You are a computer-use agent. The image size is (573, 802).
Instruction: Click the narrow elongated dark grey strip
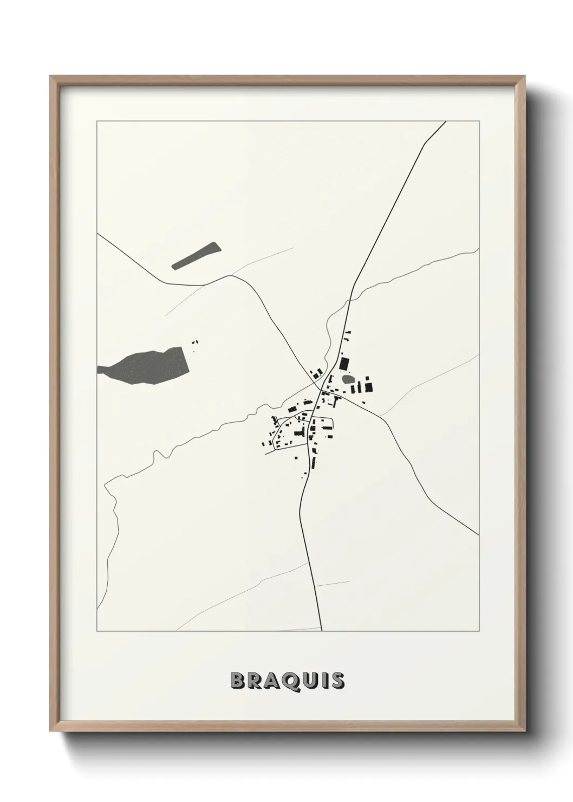click(x=196, y=256)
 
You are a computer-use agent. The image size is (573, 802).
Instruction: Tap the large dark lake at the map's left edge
click(x=152, y=365)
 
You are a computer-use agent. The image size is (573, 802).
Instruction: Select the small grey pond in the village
click(x=348, y=379)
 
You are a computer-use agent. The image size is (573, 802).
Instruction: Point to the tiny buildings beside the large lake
click(x=196, y=342)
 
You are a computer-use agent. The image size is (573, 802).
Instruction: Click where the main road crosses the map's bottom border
click(x=322, y=631)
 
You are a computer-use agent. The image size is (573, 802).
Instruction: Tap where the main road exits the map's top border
click(x=445, y=121)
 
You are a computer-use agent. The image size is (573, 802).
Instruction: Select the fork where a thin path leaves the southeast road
click(x=379, y=416)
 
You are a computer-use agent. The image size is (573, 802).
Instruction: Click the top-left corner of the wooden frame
click(x=50, y=76)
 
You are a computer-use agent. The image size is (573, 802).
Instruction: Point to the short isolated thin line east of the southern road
click(x=332, y=584)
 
